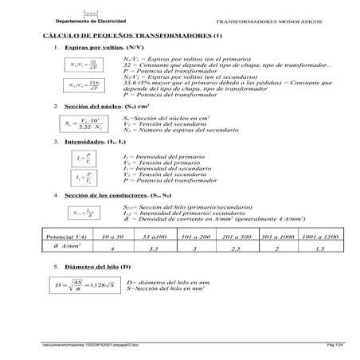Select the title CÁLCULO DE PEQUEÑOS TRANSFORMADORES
[x=131, y=37]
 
